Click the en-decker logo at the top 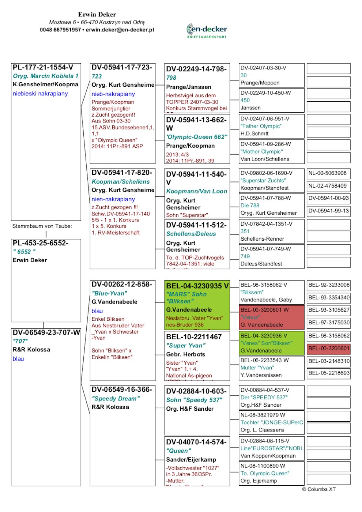click(x=207, y=30)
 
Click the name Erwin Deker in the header click(x=97, y=14)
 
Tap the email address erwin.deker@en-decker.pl click(x=120, y=30)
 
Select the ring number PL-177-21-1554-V click(x=43, y=67)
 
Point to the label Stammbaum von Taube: click(x=42, y=226)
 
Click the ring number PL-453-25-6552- click(x=40, y=243)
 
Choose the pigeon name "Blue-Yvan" click(x=109, y=293)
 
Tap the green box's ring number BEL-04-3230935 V click(x=197, y=286)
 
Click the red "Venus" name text click(x=250, y=317)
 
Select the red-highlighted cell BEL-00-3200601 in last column click(x=329, y=348)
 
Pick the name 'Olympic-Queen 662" click(x=197, y=137)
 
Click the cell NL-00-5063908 click(x=327, y=173)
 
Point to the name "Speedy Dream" click(x=116, y=399)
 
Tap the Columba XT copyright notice click(x=318, y=489)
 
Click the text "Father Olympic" click(x=261, y=126)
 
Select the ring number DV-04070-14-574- click(x=196, y=442)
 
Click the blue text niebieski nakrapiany click(x=40, y=94)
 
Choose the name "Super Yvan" click(x=186, y=345)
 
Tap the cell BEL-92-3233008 click(x=329, y=285)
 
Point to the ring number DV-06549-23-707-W click(x=46, y=332)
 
